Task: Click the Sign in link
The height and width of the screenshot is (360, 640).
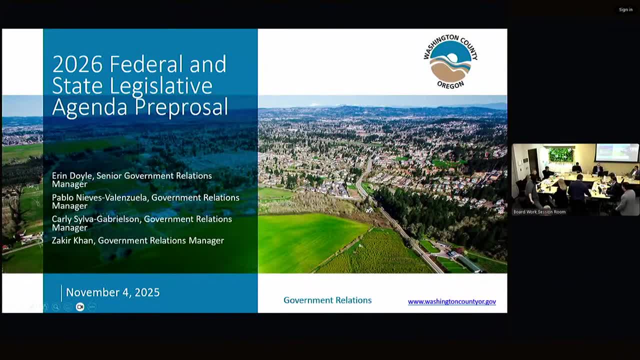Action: (x=625, y=9)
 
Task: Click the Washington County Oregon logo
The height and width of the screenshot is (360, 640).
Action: (x=450, y=61)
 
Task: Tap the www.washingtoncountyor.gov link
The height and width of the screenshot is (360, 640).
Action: (x=451, y=301)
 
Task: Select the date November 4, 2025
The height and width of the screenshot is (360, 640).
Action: (x=112, y=292)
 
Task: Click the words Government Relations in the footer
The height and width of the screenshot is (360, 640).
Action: (x=327, y=300)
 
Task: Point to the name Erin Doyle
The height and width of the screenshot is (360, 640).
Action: (x=72, y=176)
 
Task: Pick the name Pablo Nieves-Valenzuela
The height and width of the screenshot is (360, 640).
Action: (x=99, y=197)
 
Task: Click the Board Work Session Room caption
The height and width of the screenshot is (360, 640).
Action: (x=539, y=212)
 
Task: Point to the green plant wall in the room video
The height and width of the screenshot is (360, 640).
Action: (x=561, y=154)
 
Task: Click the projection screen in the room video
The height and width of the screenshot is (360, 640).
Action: (x=616, y=152)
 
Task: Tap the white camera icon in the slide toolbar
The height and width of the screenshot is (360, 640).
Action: (x=80, y=307)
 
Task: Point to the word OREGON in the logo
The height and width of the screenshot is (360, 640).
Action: (x=450, y=85)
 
